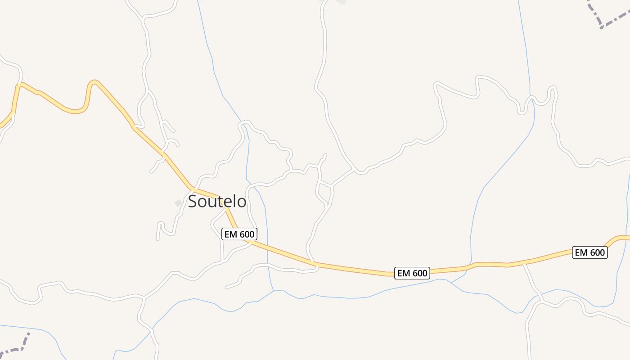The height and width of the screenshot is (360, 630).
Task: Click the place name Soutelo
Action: click(217, 201)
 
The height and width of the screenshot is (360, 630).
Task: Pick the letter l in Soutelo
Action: click(235, 201)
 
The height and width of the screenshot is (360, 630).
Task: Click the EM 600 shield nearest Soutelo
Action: click(239, 234)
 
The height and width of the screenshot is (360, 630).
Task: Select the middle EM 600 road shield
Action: click(412, 273)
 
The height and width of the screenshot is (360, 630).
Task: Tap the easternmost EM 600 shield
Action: click(590, 252)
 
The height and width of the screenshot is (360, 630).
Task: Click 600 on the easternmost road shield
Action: click(596, 252)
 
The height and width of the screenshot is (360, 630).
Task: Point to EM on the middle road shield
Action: click(404, 273)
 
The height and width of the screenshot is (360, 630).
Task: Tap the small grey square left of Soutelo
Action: click(179, 203)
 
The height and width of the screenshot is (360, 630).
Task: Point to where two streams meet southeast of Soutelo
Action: click(273, 291)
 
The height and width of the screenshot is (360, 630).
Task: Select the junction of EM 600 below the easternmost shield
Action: click(523, 263)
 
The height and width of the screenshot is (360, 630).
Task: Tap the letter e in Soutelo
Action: click(229, 202)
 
